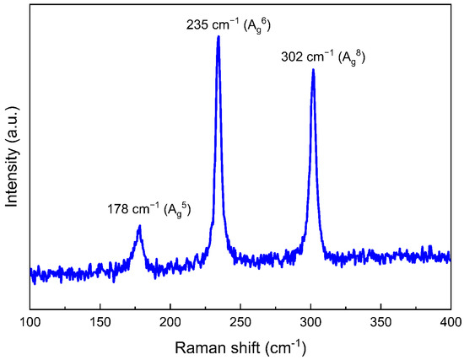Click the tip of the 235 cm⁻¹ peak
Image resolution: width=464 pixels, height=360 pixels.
[219, 36]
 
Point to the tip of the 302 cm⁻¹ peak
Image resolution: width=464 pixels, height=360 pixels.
[313, 70]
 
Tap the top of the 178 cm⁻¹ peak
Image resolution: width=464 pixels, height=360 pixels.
[139, 226]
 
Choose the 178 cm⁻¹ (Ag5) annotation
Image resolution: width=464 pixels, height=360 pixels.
[148, 209]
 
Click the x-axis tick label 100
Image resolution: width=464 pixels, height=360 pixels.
[30, 321]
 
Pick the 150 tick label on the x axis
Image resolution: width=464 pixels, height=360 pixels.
[100, 321]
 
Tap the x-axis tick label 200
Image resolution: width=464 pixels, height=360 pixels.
[170, 321]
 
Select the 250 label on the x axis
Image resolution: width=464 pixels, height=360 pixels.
[240, 321]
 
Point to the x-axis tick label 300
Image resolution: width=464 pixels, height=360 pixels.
[310, 321]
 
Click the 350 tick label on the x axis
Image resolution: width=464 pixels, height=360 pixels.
[380, 321]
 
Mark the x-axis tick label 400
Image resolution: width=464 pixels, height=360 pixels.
[451, 321]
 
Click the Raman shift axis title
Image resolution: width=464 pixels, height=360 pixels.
[240, 346]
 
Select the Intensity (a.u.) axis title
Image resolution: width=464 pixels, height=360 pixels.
[13, 156]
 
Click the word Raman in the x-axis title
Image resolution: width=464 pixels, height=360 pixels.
[197, 346]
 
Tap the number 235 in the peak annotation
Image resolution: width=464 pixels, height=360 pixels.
[196, 24]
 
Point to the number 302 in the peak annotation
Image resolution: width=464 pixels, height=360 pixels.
[291, 58]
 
